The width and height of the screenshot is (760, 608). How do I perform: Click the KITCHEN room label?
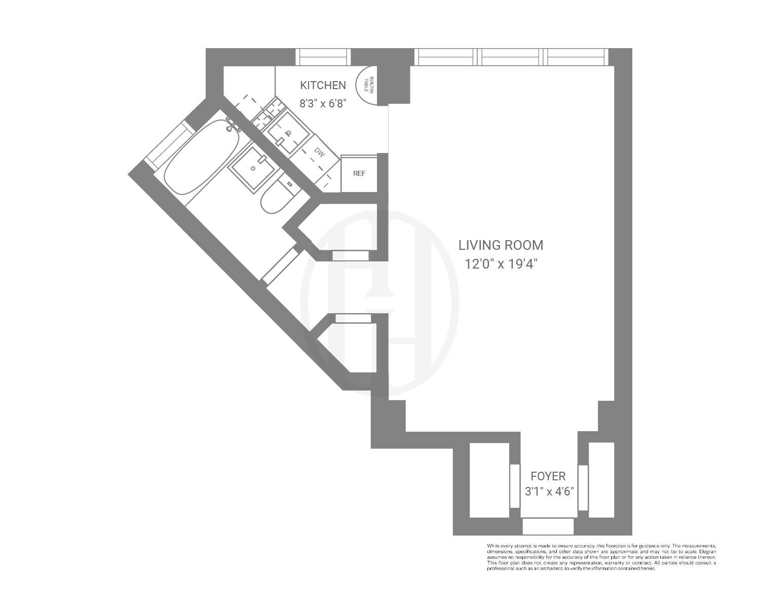[x=323, y=85]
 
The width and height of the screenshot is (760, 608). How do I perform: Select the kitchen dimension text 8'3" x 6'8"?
[x=323, y=103]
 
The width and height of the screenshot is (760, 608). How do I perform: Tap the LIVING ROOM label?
[x=501, y=245]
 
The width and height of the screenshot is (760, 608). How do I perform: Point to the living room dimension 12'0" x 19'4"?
[x=501, y=264]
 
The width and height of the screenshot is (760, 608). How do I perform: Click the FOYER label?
[x=548, y=476]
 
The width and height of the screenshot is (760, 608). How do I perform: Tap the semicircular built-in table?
[x=367, y=86]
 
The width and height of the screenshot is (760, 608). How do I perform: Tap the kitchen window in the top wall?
[x=323, y=57]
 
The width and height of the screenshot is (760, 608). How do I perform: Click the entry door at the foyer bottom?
[x=548, y=526]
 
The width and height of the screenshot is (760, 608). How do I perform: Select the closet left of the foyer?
[x=489, y=480]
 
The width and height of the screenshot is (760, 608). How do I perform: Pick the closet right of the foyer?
[x=601, y=480]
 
